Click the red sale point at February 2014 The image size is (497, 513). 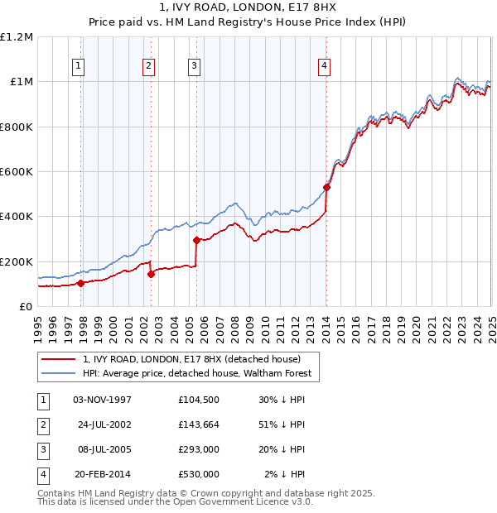click(326, 187)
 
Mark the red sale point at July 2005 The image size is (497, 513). click(196, 241)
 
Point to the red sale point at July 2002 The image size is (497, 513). click(152, 274)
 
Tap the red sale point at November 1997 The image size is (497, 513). click(80, 283)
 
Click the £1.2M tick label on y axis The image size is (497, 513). click(17, 37)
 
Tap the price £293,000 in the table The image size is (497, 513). click(199, 450)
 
